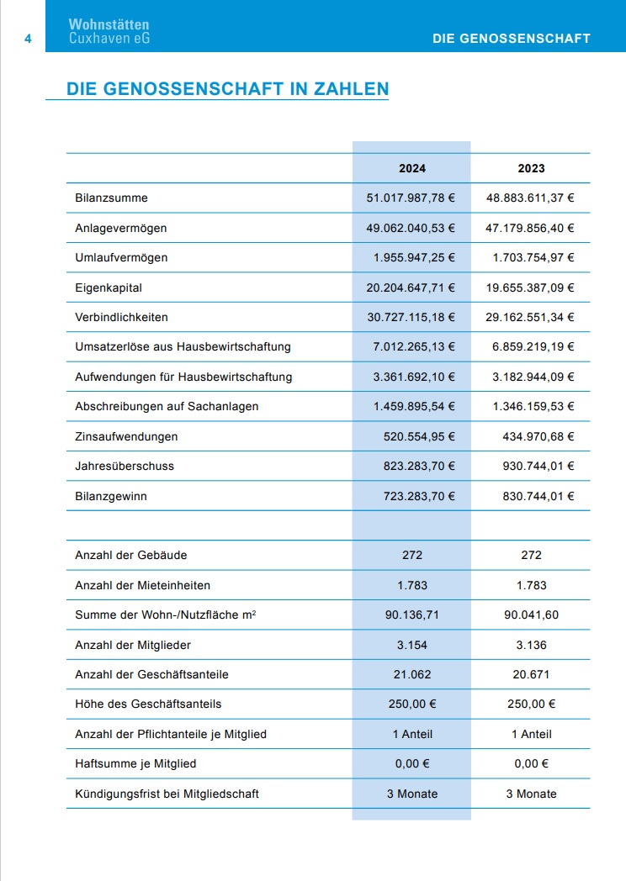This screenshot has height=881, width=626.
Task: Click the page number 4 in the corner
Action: click(x=28, y=39)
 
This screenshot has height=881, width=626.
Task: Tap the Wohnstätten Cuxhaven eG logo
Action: click(x=109, y=32)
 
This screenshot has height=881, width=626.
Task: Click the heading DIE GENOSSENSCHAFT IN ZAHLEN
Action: click(x=227, y=89)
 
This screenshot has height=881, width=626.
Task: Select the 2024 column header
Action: click(x=412, y=168)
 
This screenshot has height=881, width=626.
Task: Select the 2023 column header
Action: click(x=531, y=168)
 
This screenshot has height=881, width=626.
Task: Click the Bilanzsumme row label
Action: click(x=112, y=198)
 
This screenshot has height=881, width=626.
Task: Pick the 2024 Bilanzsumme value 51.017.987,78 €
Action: click(x=411, y=198)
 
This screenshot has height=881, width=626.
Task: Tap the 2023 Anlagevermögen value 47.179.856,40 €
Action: click(x=530, y=228)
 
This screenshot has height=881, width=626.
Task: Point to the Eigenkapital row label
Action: click(x=109, y=288)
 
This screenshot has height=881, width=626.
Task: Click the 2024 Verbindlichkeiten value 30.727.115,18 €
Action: click(x=411, y=318)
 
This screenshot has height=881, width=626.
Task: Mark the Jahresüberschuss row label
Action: click(x=125, y=467)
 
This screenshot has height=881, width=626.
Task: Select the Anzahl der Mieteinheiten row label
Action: click(x=143, y=585)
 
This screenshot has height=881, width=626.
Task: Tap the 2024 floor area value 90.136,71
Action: click(x=412, y=615)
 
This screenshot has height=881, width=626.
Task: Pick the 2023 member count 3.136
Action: click(x=531, y=645)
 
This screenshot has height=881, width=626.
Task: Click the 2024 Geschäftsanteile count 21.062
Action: click(x=412, y=674)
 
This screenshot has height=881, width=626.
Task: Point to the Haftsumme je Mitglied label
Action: click(x=135, y=764)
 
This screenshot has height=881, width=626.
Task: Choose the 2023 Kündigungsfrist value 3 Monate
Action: click(x=531, y=794)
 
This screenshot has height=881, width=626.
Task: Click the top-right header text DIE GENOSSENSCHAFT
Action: click(x=511, y=39)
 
